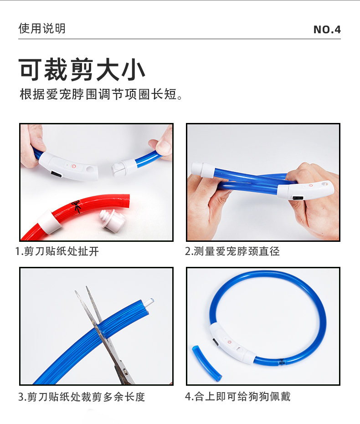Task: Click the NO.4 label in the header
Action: (x=327, y=30)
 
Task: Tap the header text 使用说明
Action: (x=42, y=28)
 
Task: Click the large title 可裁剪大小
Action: (x=82, y=70)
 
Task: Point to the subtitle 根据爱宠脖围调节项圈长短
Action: (x=101, y=95)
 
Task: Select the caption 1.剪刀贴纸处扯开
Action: (x=57, y=251)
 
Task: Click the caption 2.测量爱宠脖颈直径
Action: (x=232, y=251)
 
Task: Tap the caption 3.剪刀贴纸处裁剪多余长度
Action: (x=82, y=397)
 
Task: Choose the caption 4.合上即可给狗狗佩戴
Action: (x=237, y=397)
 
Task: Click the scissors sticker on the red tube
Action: (x=76, y=206)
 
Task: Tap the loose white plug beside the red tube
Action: (x=112, y=220)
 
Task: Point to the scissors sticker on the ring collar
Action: (x=282, y=362)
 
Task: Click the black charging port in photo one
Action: (x=56, y=174)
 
